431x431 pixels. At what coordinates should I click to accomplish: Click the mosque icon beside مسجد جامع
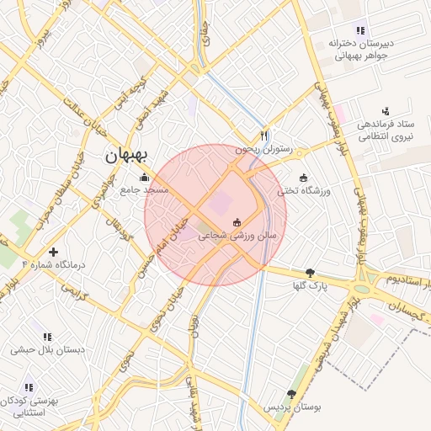point(144,178)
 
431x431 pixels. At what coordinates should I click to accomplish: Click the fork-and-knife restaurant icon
point(263,135)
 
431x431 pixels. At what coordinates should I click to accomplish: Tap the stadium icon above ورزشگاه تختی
point(303,178)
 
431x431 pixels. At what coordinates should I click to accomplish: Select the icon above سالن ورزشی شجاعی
point(238,223)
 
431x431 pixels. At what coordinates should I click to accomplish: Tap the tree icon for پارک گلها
point(311,272)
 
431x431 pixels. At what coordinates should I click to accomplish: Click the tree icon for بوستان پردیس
point(291,393)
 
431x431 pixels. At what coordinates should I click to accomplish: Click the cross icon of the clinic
point(54,252)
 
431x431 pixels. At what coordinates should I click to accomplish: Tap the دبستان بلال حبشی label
point(45,348)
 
